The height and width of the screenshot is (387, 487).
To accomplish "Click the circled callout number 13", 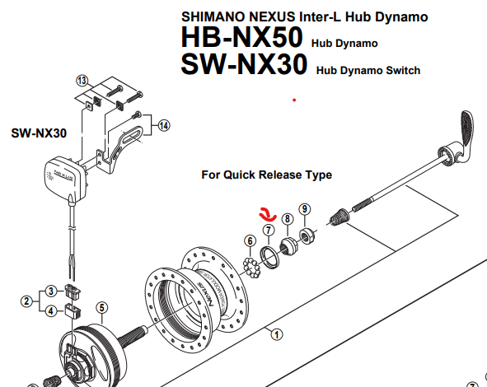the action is pyautogui.click(x=82, y=81).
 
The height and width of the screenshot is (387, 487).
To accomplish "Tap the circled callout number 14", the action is pyautogui.click(x=164, y=126).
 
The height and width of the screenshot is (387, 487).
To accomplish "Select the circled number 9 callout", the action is pyautogui.click(x=305, y=209).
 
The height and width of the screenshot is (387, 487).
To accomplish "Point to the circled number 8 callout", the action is pyautogui.click(x=288, y=219).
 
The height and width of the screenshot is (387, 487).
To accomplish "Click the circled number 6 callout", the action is pyautogui.click(x=251, y=240).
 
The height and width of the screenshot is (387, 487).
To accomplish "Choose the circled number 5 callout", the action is pyautogui.click(x=102, y=308).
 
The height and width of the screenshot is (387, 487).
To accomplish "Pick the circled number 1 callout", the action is pyautogui.click(x=277, y=334).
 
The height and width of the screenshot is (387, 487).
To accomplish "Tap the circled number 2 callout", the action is pyautogui.click(x=26, y=301).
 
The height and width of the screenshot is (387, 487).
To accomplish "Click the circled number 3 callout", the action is pyautogui.click(x=51, y=291).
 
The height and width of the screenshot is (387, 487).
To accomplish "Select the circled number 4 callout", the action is pyautogui.click(x=51, y=310).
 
